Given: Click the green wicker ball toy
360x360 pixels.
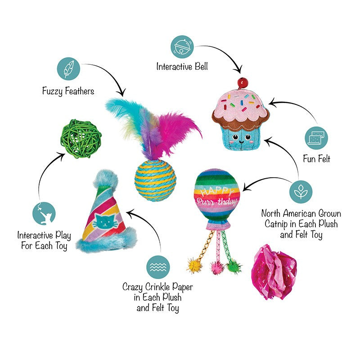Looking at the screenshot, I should (81, 138).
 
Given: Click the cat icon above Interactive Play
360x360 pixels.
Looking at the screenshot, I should (44, 213).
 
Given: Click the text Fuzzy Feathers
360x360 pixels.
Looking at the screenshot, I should (68, 91).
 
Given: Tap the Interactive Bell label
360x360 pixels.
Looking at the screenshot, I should (182, 67).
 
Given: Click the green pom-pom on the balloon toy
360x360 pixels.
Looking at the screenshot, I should (234, 267).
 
